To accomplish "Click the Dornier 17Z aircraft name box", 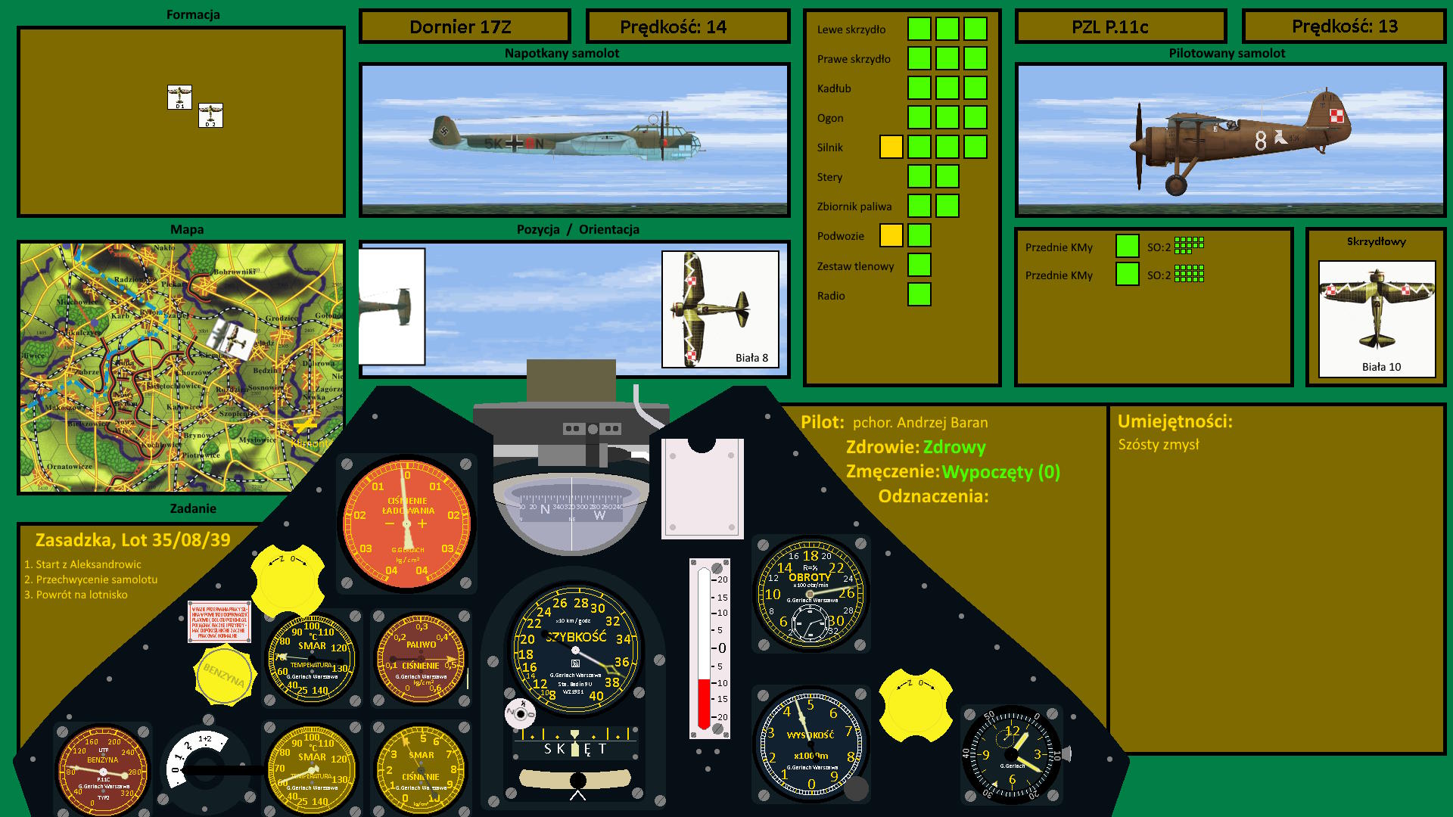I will [464, 27].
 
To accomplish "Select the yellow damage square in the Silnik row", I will [891, 147].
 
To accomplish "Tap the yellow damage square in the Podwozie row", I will [891, 235].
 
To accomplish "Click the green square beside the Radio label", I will [919, 294].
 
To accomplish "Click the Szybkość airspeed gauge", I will [576, 650].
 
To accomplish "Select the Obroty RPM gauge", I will [811, 594].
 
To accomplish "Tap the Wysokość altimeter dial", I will [810, 744].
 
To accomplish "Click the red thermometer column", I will [704, 702].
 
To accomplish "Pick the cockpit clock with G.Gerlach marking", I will [1011, 754].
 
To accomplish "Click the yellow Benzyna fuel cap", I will [224, 675].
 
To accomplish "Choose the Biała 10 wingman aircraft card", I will [1377, 318].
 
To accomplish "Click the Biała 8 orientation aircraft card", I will [720, 309].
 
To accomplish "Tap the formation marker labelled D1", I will [179, 97].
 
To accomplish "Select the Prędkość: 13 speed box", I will [1344, 26].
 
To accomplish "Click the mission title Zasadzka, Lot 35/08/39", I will [132, 540].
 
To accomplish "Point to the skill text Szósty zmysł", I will [1158, 445].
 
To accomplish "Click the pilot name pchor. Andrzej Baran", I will [919, 423].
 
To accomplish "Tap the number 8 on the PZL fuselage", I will [1260, 141].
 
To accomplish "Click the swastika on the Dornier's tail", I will [443, 130].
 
